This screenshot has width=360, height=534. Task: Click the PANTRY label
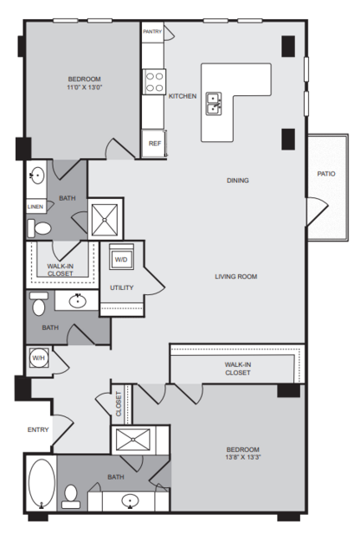point(152,31)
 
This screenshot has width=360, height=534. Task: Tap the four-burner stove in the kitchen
point(155,82)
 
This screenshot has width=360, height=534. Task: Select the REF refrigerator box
point(155,144)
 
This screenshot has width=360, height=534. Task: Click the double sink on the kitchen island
point(214,104)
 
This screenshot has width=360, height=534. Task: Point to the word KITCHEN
point(183,96)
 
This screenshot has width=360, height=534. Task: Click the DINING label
point(238,181)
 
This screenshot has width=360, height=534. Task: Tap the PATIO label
point(327,174)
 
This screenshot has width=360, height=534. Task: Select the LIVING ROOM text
point(236,277)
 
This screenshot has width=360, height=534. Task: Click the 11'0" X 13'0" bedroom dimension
point(84,87)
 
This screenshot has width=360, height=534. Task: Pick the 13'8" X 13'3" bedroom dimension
point(243,457)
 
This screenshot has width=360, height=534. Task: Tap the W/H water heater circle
point(38,358)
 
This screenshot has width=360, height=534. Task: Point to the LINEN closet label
point(36,206)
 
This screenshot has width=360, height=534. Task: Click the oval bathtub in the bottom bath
point(42,484)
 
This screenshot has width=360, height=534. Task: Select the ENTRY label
point(38,430)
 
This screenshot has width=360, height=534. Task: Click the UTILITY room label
point(121,287)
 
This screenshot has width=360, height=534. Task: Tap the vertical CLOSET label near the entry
point(119,404)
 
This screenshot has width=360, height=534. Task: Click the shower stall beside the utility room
point(105,220)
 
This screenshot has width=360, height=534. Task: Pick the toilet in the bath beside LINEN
point(39,228)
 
